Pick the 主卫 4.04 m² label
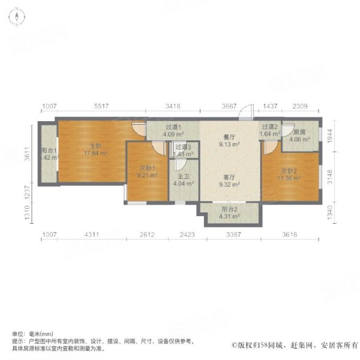[x=182, y=181]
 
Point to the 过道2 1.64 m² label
[x=269, y=130]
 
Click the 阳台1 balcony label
[x=48, y=154]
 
